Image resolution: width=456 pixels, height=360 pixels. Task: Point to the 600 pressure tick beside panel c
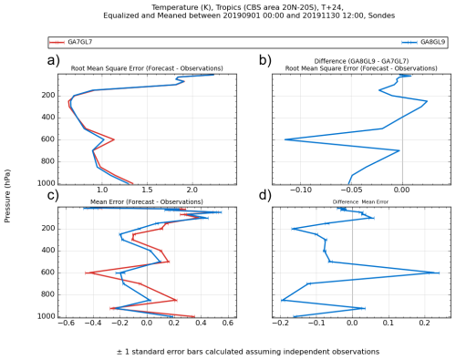[48, 273]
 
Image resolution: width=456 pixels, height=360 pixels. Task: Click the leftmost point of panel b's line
[285, 139]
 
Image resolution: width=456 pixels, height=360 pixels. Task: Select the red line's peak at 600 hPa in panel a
[114, 139]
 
